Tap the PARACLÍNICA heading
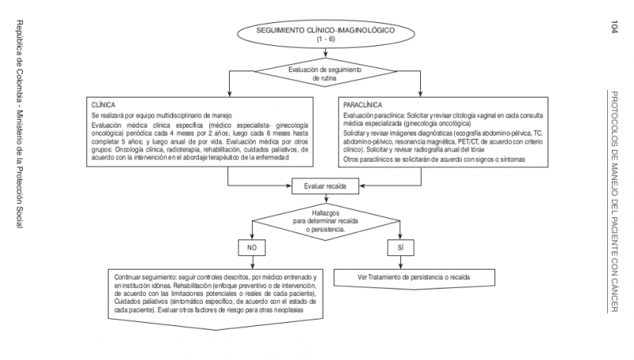pos(361,104)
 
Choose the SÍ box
pos(400,248)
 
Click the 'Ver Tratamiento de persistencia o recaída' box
pos(414,278)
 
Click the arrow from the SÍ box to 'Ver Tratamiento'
pos(400,262)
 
